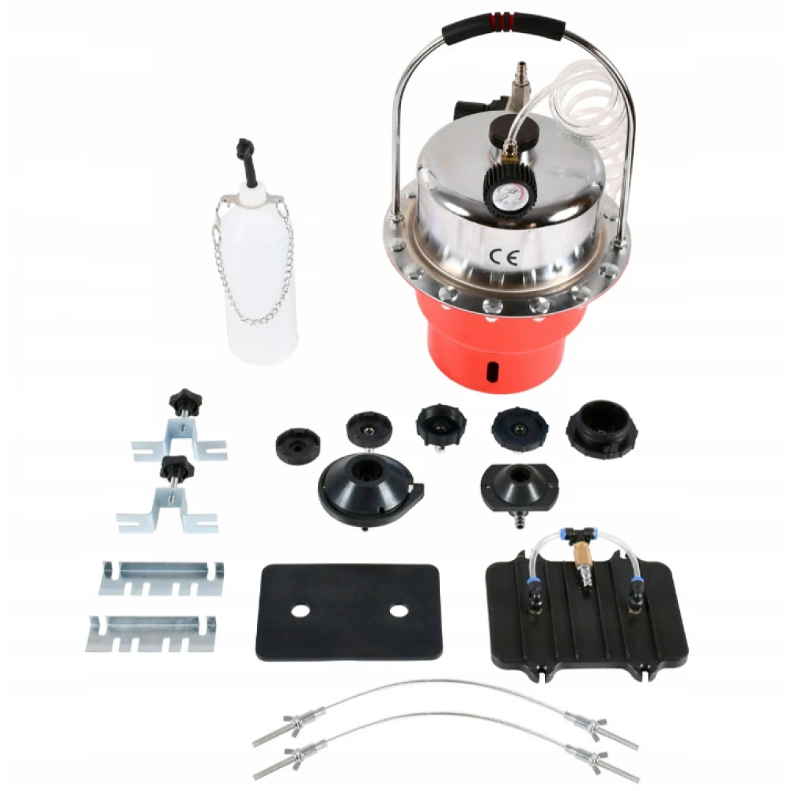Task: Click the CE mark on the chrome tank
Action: [504, 258]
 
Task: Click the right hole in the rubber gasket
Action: [399, 611]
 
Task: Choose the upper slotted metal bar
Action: [161, 578]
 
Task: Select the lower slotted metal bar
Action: [151, 634]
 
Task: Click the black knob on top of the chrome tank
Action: [513, 129]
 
